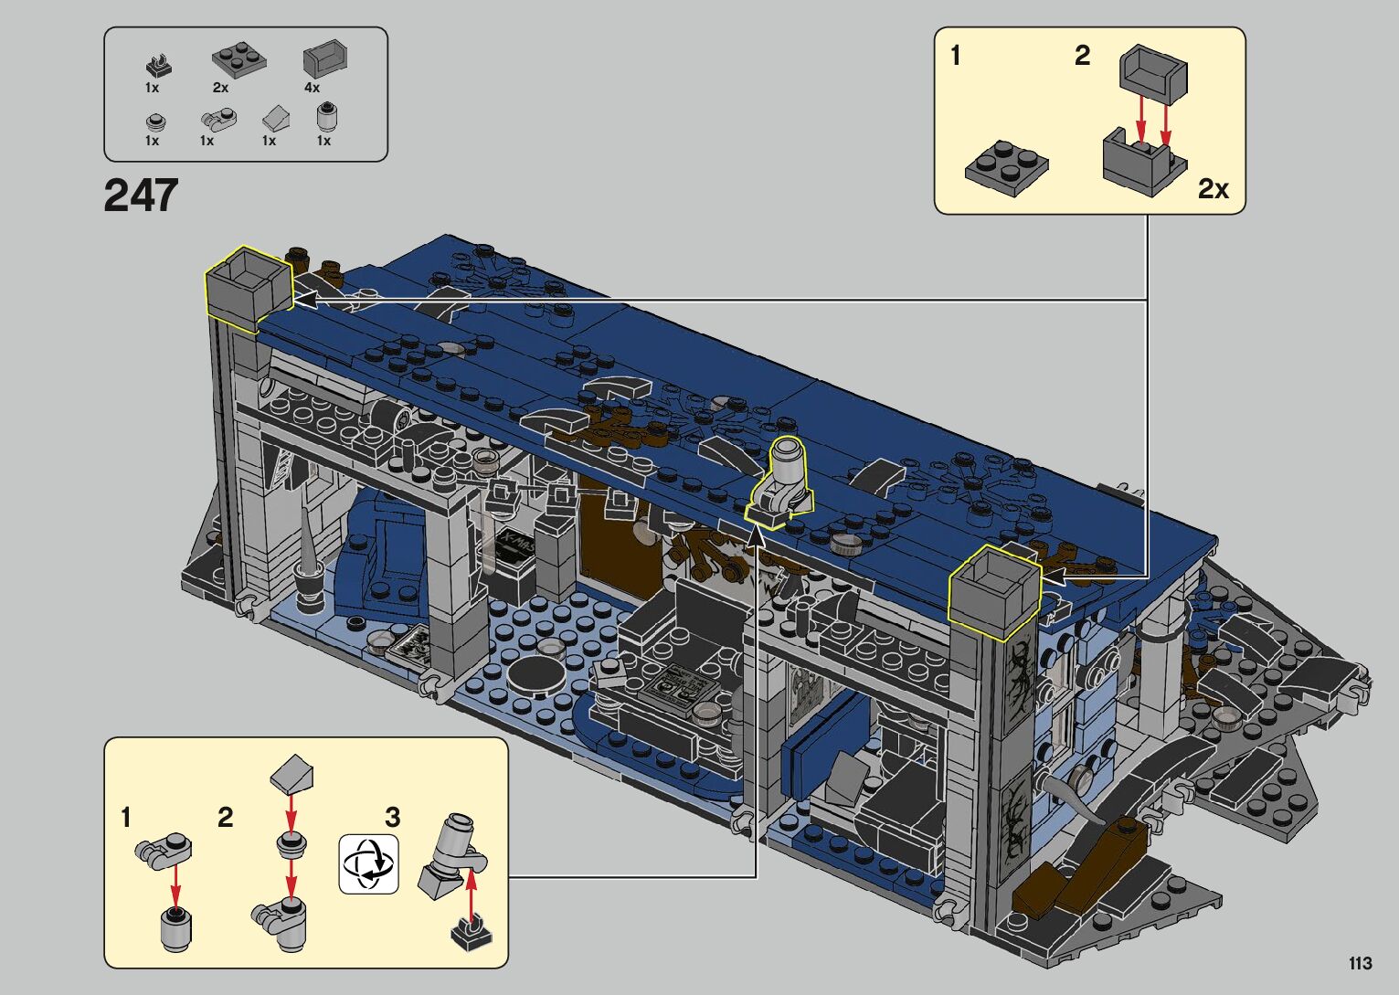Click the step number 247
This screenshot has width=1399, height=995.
pyautogui.click(x=141, y=196)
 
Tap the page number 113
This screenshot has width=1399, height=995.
pyautogui.click(x=1361, y=963)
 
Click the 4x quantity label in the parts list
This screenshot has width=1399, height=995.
pyautogui.click(x=313, y=88)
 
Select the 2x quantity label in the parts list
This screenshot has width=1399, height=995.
pyautogui.click(x=220, y=88)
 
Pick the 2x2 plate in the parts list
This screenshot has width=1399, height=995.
pyautogui.click(x=239, y=60)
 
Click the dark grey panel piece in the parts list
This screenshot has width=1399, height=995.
pyautogui.click(x=325, y=59)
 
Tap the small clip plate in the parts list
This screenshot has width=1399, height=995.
pyautogui.click(x=159, y=66)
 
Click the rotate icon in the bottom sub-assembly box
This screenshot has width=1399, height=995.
pyautogui.click(x=368, y=863)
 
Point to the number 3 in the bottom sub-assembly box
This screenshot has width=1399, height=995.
pyautogui.click(x=392, y=816)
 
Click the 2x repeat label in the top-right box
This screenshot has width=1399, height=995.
pyautogui.click(x=1213, y=188)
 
